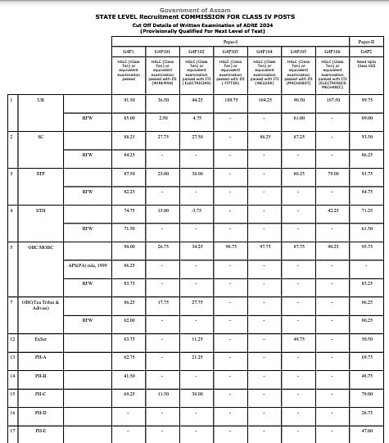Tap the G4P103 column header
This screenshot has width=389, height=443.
coord(230,50)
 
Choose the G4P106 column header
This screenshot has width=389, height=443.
coord(332,50)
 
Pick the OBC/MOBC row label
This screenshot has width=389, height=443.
coord(41,246)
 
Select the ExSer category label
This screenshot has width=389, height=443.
coord(41,338)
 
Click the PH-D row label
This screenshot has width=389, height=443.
coord(41,412)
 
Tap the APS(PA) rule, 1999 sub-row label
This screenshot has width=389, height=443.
coord(88,264)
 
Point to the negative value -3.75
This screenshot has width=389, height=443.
coord(197,210)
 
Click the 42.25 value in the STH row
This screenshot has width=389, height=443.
coord(332,210)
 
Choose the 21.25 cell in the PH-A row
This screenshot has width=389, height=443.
coord(197,357)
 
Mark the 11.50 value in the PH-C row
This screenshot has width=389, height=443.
coord(163,394)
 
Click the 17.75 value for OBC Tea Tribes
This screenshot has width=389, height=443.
coord(163,301)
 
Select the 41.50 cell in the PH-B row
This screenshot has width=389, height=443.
coord(129,375)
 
